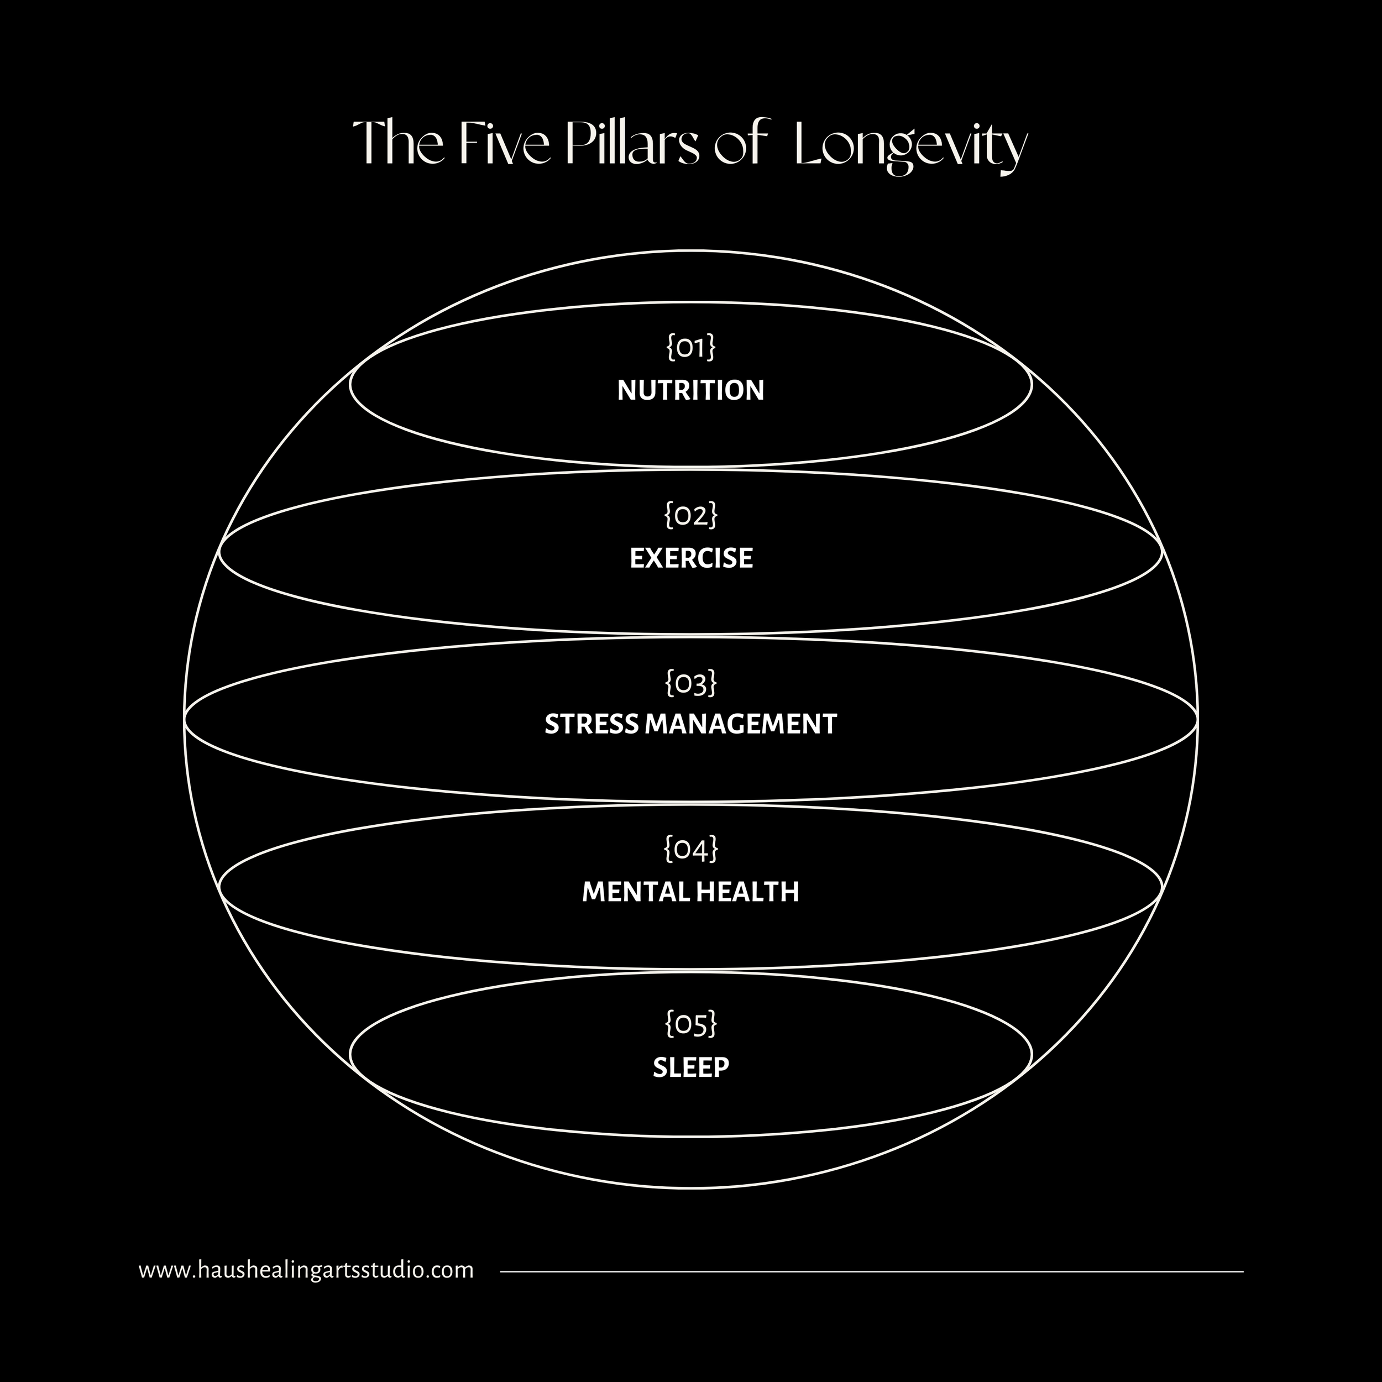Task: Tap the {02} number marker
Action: [690, 515]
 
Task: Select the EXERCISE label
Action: [691, 558]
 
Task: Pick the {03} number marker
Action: [690, 683]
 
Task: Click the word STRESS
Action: [591, 725]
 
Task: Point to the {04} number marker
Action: [690, 850]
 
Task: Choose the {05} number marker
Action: [690, 1024]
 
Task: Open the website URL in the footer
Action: [306, 1270]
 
